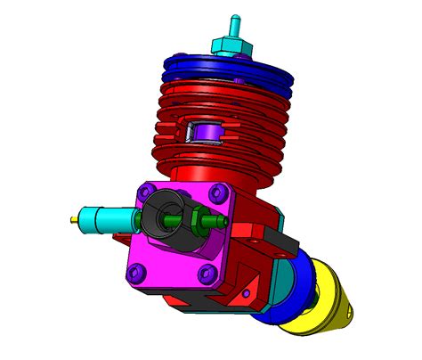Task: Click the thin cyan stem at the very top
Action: point(237,22)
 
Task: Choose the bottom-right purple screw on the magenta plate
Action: point(207,273)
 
